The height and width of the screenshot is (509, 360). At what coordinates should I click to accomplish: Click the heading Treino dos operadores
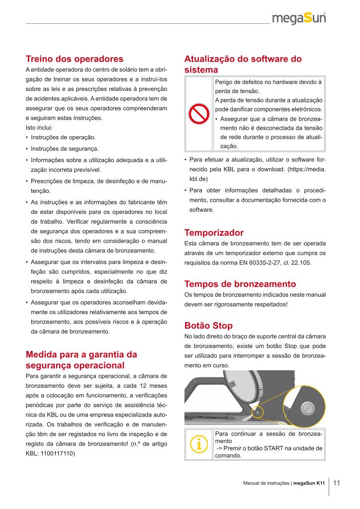[74, 59]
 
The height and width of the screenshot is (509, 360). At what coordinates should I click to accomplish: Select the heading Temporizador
[214, 233]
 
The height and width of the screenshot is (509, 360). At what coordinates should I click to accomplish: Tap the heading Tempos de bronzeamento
[240, 284]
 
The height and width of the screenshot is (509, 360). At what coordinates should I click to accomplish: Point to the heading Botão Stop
[208, 326]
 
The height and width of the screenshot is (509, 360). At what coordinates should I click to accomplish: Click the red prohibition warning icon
[198, 115]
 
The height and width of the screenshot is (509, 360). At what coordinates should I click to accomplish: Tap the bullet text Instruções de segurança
[65, 149]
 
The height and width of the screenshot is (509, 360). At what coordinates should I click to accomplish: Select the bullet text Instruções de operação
[63, 137]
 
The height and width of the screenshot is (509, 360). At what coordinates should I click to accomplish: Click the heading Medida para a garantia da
[81, 354]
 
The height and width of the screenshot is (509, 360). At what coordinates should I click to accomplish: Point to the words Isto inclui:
[38, 128]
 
